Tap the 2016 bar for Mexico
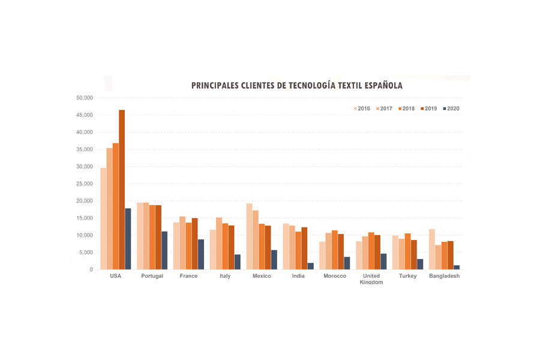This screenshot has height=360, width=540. click(x=250, y=236)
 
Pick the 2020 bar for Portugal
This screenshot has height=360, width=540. click(x=164, y=250)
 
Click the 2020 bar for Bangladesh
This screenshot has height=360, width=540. click(x=457, y=267)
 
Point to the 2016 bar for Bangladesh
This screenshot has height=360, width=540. click(x=432, y=249)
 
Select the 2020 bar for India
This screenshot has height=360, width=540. click(x=311, y=266)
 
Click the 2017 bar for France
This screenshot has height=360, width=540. click(x=182, y=243)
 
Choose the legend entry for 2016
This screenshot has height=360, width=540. click(x=361, y=109)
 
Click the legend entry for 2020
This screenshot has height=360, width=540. click(x=451, y=109)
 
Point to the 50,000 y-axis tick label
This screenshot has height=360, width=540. click(x=84, y=98)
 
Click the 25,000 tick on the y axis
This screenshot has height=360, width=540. click(x=84, y=184)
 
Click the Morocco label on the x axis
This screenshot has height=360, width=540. click(x=335, y=276)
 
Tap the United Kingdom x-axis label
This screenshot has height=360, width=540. click(x=371, y=279)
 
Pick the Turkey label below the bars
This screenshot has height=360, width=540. click(x=408, y=276)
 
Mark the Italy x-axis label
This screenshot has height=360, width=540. click(x=225, y=276)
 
